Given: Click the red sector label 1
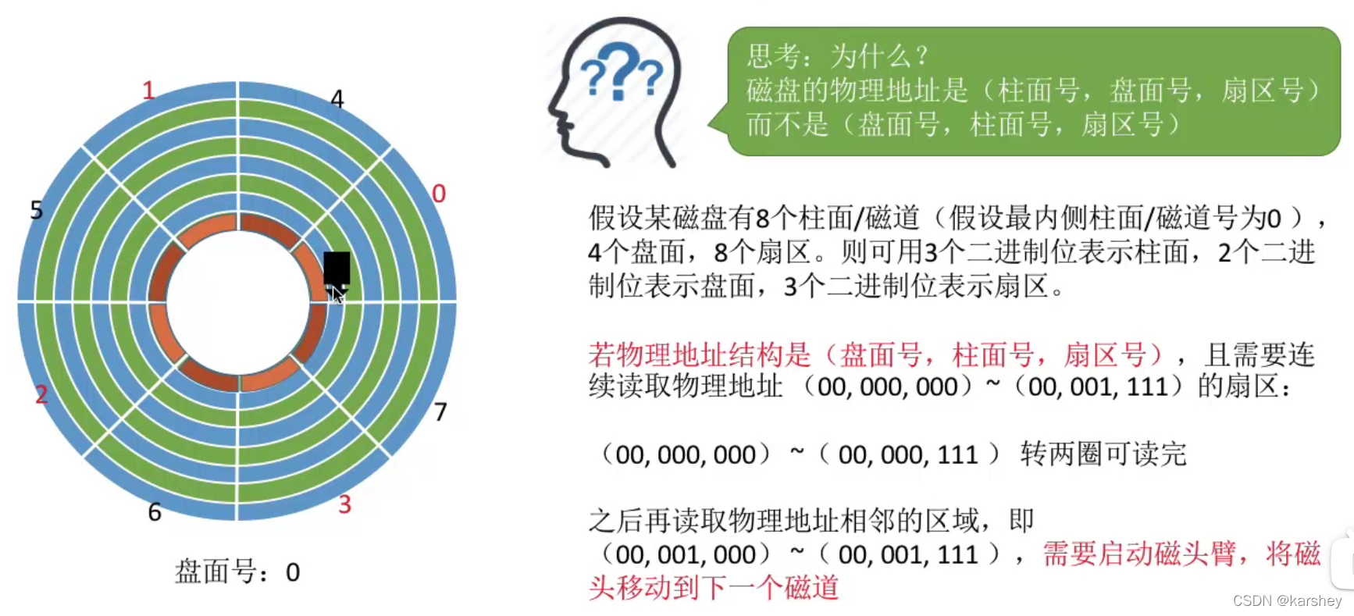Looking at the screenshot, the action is coord(148,91).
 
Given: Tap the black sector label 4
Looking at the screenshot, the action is coord(337,99).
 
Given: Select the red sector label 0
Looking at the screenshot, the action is coord(439,193).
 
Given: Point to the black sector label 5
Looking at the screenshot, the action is coord(37,209).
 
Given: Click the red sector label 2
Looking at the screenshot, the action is coord(41,394).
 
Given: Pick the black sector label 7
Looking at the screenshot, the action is coord(440,411).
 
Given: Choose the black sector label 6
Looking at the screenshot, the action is coord(155,512).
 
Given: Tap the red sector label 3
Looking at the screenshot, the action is coord(344,504).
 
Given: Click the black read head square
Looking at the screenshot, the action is coord(337,268).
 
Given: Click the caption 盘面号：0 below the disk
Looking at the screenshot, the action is coord(237,572).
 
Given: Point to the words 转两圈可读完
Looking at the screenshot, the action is coord(1103,454).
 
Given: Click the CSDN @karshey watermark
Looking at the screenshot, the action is coord(1287,600).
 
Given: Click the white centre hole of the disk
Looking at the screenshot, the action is coord(237,303).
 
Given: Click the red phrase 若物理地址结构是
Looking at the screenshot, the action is coord(700,355).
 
